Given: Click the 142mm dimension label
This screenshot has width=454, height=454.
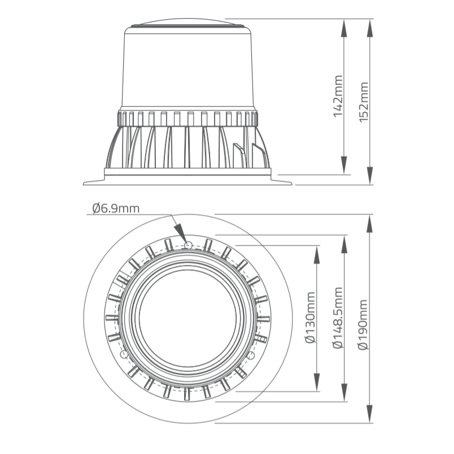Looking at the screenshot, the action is (x=338, y=96).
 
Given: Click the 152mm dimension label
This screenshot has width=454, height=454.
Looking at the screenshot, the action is (x=364, y=102).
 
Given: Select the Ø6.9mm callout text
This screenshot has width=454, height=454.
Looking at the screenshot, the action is (x=116, y=208).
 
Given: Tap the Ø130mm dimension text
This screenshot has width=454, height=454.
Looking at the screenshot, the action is (x=310, y=317).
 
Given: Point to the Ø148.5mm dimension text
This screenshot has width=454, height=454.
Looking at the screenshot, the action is (x=338, y=317).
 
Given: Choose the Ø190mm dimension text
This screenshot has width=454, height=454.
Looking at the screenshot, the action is (x=363, y=325).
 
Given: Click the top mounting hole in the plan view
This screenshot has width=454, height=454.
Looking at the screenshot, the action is (x=188, y=246).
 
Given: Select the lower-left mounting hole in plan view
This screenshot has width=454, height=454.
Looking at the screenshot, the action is (x=124, y=354).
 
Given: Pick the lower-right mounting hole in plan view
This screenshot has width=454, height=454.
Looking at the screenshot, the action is (x=252, y=355).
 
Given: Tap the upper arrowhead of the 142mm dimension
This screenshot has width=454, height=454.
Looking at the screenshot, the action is (x=344, y=28).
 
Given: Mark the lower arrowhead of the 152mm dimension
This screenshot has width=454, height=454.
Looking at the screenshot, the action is (x=370, y=175).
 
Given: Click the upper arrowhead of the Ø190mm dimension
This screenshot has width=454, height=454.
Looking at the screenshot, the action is (x=370, y=224).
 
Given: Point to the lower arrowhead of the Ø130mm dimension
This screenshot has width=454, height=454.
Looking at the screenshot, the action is (x=317, y=382).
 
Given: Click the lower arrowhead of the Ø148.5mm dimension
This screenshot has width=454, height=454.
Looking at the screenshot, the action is (x=344, y=392).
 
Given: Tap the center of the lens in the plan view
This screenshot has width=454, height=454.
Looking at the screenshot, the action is (x=188, y=317).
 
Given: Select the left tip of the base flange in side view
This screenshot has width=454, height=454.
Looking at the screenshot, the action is (x=84, y=184).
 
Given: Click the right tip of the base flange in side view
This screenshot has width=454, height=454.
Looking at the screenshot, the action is (x=292, y=184).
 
